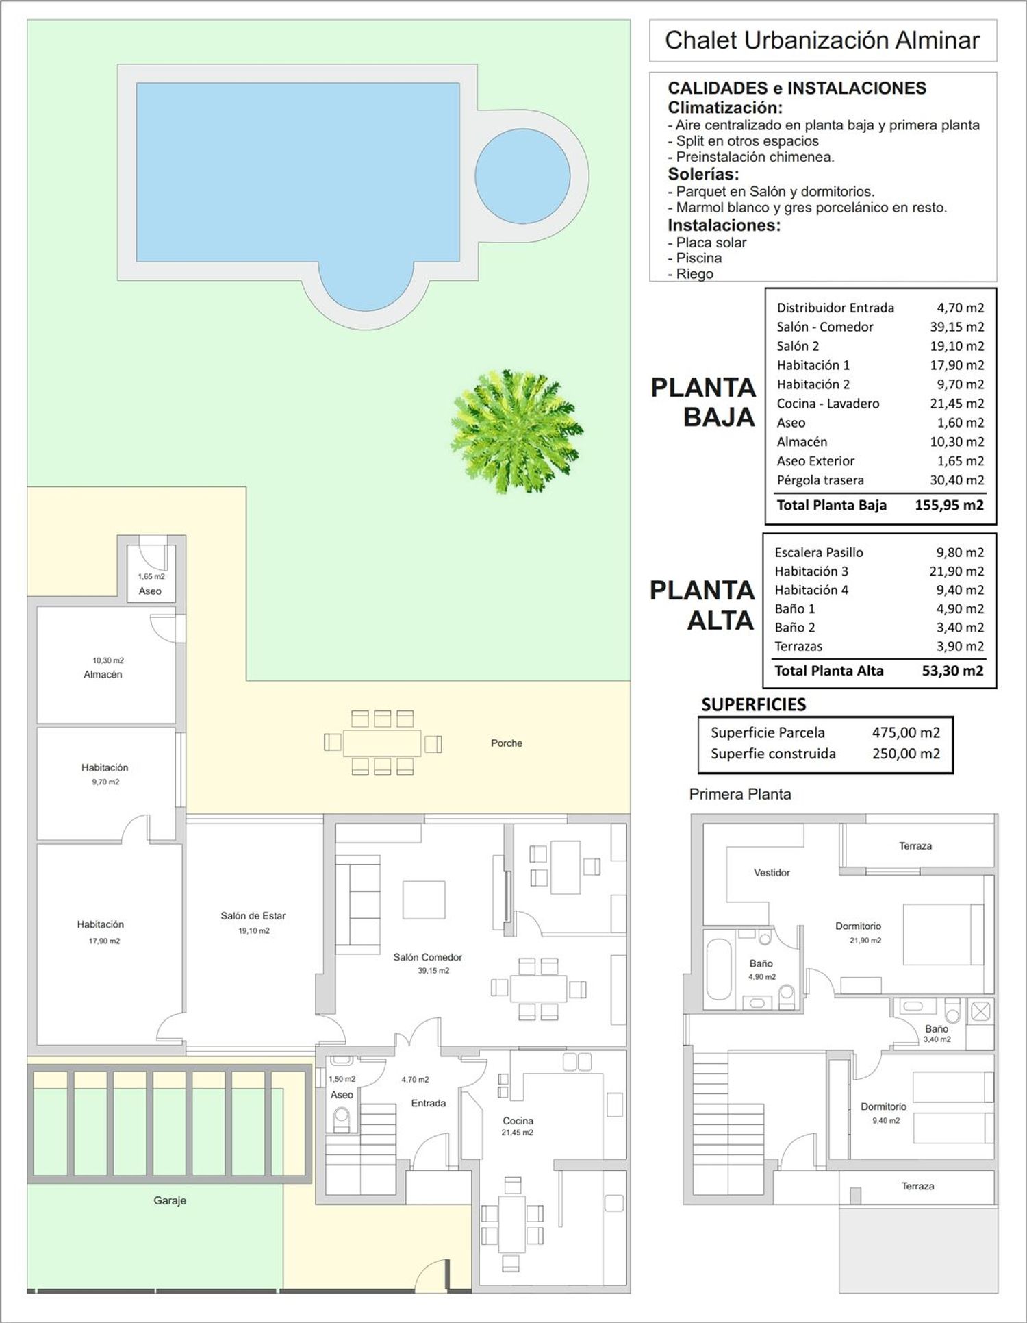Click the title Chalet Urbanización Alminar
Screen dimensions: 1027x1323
point(822,40)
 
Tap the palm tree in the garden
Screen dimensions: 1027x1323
point(516,431)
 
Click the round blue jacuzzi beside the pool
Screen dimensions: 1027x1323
point(522,175)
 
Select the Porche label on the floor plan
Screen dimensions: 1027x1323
point(507,743)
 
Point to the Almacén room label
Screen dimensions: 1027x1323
point(103,675)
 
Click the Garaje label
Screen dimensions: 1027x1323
point(170,1220)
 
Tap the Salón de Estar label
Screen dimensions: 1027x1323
point(253,916)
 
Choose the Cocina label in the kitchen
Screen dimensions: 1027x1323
point(518,1121)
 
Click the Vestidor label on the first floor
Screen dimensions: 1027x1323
point(772,873)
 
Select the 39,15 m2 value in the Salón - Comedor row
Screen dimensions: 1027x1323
point(956,327)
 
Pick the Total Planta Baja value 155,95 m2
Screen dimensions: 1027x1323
point(949,506)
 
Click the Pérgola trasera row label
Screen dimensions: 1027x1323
point(820,480)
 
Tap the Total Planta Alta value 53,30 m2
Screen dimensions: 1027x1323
point(952,671)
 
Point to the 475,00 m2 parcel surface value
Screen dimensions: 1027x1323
point(906,732)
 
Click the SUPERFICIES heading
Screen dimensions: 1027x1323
point(753,704)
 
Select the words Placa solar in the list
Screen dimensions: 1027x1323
point(711,243)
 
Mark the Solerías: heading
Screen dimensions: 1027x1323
point(703,174)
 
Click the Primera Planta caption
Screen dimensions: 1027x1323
point(740,794)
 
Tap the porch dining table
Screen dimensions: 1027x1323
point(382,743)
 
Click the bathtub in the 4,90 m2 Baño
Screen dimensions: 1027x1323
point(718,968)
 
